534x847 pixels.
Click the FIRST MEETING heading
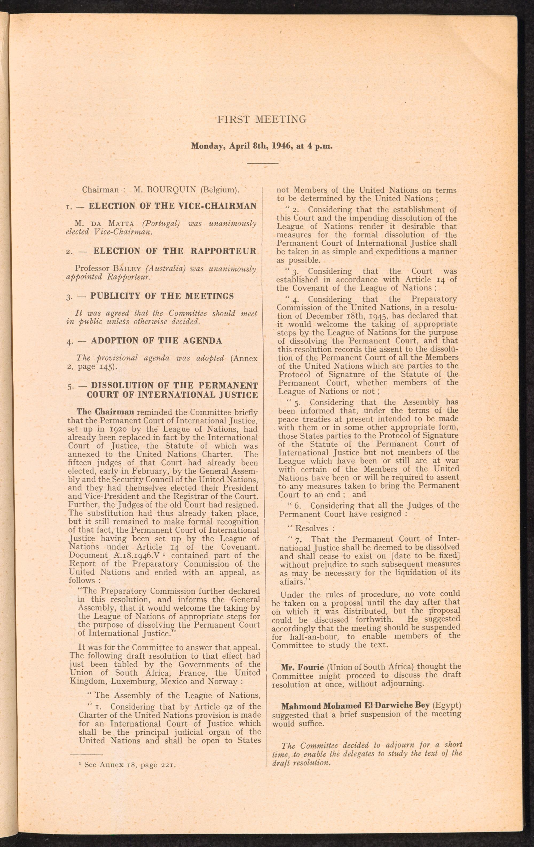point(262,119)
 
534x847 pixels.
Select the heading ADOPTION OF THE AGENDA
point(156,341)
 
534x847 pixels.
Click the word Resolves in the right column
point(311,528)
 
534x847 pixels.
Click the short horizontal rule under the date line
point(263,163)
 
